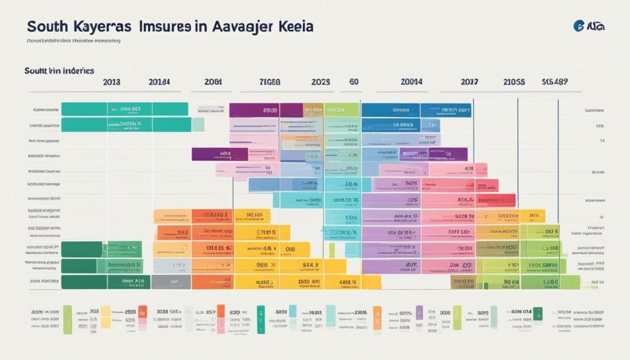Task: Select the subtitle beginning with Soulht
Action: pyautogui.click(x=58, y=71)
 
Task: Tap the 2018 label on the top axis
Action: pyautogui.click(x=113, y=82)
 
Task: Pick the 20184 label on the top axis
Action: pyautogui.click(x=159, y=82)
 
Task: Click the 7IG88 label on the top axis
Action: pyautogui.click(x=269, y=82)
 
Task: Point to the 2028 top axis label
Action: pyautogui.click(x=321, y=82)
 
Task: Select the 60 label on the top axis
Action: pyautogui.click(x=354, y=82)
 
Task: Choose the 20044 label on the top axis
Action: pyautogui.click(x=411, y=82)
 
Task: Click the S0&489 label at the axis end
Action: pyautogui.click(x=554, y=82)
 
